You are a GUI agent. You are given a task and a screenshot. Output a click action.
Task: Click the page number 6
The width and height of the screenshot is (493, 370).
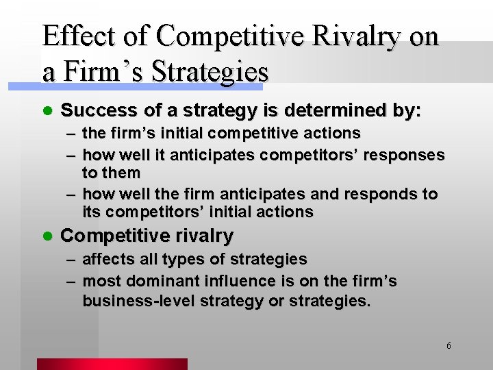click(448, 345)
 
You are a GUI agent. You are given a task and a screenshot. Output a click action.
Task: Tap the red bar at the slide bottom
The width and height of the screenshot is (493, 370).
click(112, 364)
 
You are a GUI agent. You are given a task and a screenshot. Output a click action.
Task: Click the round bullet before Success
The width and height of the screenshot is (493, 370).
click(46, 110)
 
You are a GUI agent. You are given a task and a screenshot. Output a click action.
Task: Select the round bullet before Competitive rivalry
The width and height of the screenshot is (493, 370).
click(46, 236)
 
